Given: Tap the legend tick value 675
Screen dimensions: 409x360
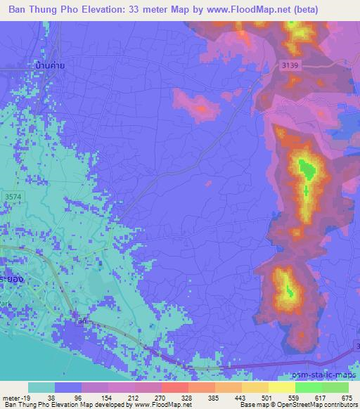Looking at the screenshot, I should [x=345, y=398].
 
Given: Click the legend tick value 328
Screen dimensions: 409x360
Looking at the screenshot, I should [x=187, y=398].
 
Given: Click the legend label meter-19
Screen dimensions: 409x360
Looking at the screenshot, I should [x=15, y=398].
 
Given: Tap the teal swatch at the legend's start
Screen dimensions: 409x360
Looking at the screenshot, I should [x=41, y=387].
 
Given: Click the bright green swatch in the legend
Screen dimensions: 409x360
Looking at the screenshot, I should [x=308, y=387].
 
